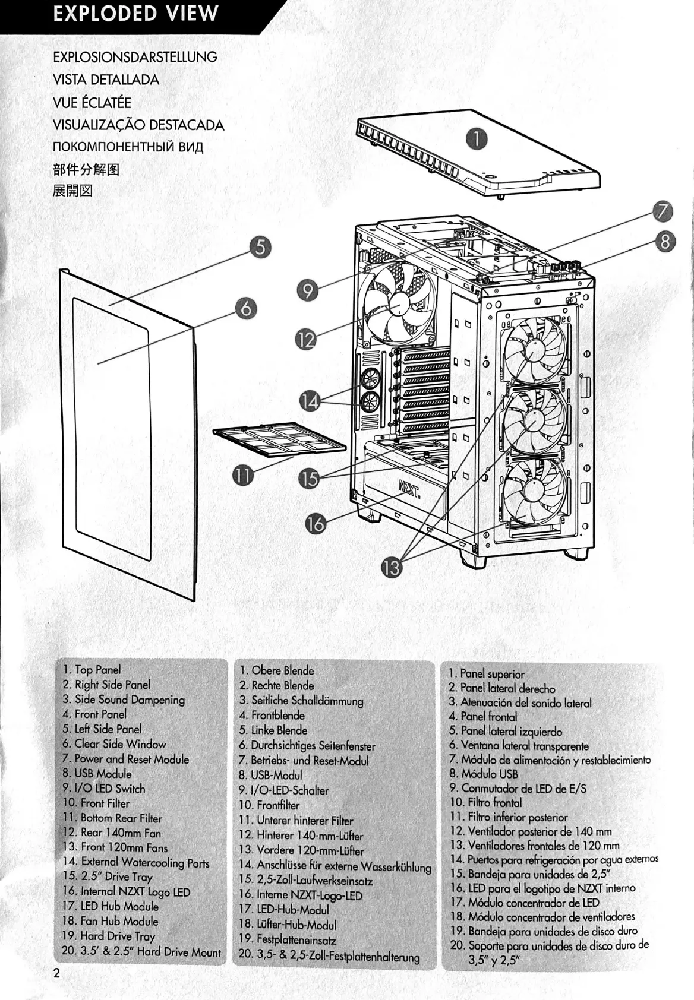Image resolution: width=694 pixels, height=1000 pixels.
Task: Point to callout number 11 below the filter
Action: pos(242,475)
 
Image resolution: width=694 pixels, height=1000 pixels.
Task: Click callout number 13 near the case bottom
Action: pos(392,568)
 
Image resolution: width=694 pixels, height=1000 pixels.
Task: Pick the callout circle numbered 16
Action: pos(316,524)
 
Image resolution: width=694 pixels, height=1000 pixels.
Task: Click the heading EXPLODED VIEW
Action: pos(135,14)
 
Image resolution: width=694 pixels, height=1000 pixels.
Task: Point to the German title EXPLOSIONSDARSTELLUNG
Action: pos(135,57)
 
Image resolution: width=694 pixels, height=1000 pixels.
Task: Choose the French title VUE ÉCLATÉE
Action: pos(92,102)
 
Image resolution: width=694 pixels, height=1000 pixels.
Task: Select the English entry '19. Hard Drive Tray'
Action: pos(109,936)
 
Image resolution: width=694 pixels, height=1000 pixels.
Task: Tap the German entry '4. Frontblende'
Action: pos(272,715)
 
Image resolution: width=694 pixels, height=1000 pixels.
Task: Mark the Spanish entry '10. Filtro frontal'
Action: pos(486,802)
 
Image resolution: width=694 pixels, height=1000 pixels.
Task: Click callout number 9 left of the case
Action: pos(308,290)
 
